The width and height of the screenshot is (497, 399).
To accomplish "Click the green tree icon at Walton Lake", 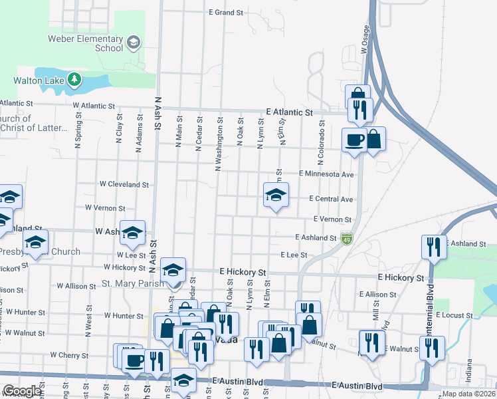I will point(74,80).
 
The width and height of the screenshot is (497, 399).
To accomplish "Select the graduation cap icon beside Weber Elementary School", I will point(134,43).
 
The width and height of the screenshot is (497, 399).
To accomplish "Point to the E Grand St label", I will point(226,13).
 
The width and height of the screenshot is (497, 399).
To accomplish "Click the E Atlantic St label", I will point(289,113).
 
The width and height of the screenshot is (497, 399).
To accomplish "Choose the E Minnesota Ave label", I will point(326,174).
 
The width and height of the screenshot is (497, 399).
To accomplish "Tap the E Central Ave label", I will point(331,199).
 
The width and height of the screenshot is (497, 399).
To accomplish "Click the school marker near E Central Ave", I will point(276,195).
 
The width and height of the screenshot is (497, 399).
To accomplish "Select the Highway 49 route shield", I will point(346,238).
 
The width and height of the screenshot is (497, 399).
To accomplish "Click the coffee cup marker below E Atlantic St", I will point(353,140).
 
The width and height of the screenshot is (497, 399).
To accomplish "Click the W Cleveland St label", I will point(124,184).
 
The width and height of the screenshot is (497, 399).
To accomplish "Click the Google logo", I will point(22,391).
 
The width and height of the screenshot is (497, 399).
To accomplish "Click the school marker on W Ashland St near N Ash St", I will point(132,232).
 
